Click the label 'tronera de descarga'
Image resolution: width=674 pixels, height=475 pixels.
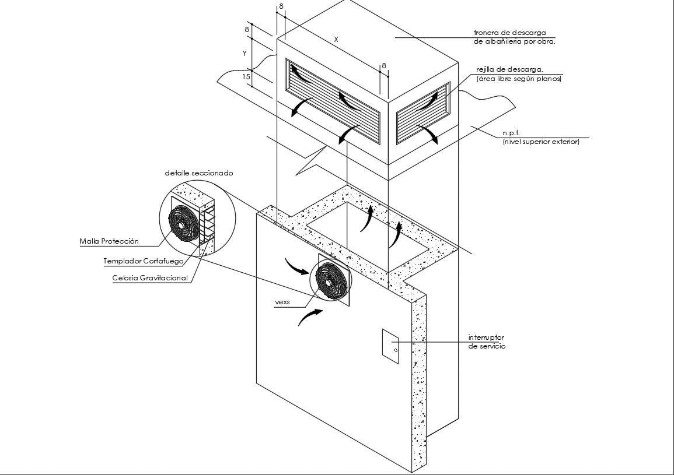(x=509, y=33)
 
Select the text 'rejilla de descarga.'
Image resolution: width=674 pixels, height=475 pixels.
(x=509, y=69)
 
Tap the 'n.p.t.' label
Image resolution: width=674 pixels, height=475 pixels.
(x=512, y=133)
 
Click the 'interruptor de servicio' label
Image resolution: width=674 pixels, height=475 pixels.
(x=486, y=342)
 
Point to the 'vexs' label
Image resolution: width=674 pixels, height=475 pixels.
(x=282, y=302)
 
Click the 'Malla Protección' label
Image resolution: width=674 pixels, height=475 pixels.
(x=109, y=241)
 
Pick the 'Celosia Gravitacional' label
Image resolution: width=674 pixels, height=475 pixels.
(x=150, y=278)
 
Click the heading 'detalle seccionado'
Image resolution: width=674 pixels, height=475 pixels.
(x=199, y=173)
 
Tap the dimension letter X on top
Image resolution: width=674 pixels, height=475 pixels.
(x=336, y=39)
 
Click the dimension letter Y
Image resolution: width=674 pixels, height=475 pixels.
(x=245, y=53)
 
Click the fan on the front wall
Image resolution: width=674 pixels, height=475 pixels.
(x=331, y=281)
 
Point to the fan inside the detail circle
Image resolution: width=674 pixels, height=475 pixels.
(x=183, y=223)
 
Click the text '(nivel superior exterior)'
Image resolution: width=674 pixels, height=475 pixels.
(x=540, y=141)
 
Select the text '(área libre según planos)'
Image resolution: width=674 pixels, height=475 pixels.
(x=519, y=78)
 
